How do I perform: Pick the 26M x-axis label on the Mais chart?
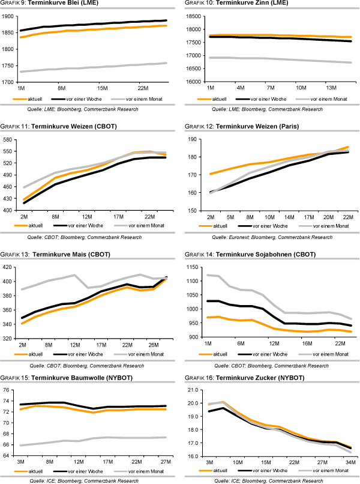153,345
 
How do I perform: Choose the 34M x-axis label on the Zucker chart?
349,463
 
